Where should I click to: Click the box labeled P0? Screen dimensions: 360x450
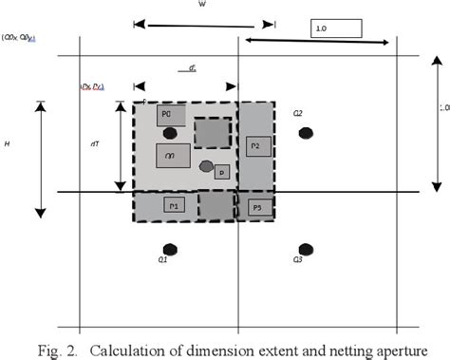point(171,115)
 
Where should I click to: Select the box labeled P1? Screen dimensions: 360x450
point(173,205)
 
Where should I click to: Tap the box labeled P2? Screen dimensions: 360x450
point(258,146)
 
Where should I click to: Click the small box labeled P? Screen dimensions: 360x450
point(220,172)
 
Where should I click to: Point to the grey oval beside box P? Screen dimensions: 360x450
point(206,166)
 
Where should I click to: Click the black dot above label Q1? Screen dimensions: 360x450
point(170,249)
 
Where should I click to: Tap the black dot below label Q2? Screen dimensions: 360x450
point(306,133)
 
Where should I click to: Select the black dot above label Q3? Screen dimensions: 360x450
point(306,249)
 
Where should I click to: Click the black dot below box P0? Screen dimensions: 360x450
point(170,133)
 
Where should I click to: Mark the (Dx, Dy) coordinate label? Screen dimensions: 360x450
point(91,87)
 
